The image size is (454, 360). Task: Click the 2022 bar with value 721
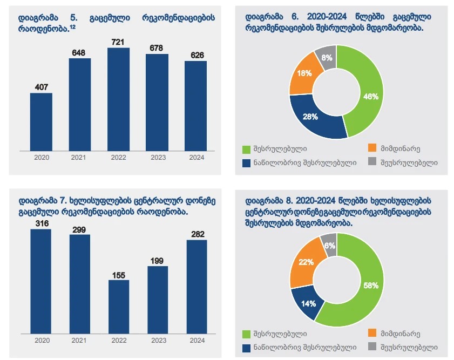point(119,98)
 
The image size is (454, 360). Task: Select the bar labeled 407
point(41,121)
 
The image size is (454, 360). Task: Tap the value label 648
point(80,52)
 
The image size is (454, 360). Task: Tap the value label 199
point(157,261)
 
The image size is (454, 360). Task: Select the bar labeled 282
point(195,284)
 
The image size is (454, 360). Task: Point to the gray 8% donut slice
point(327,57)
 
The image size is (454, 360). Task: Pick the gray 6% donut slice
point(328,245)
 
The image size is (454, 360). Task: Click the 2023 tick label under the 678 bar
point(157,158)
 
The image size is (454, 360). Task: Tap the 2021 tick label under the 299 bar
point(80,341)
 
